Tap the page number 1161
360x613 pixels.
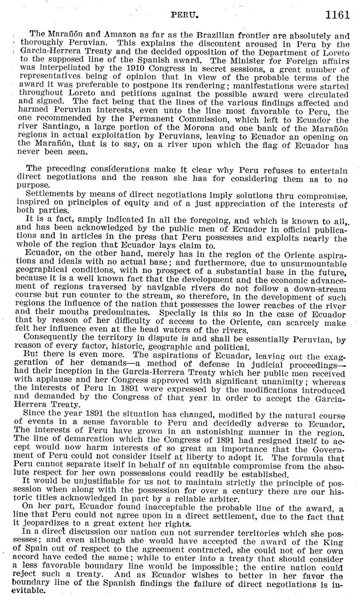click(338, 16)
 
